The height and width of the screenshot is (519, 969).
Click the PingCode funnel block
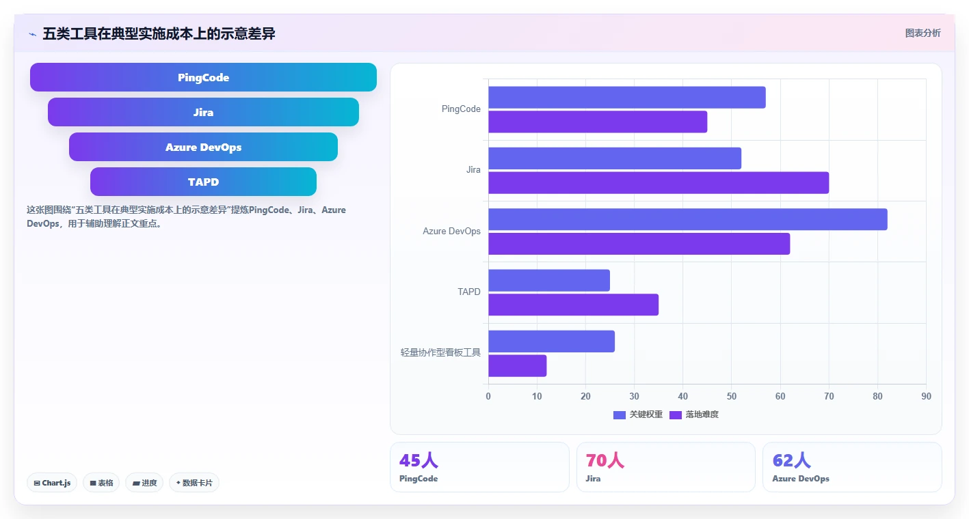click(x=203, y=77)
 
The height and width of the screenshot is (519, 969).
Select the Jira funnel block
click(x=203, y=113)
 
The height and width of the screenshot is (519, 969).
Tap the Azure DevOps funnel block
click(x=203, y=147)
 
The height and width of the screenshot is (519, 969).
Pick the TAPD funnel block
click(x=203, y=182)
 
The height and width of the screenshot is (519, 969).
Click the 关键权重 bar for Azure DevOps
click(x=688, y=219)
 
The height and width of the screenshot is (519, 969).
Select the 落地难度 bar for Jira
click(x=659, y=183)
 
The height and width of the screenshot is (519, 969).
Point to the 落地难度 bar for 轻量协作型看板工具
click(x=518, y=366)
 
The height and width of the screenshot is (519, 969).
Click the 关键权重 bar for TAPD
click(x=549, y=281)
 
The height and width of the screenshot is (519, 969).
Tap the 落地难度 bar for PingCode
click(x=598, y=122)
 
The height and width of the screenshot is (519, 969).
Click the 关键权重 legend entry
click(x=638, y=415)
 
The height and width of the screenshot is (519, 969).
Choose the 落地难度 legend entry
click(x=694, y=415)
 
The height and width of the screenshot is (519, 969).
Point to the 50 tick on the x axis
click(x=732, y=396)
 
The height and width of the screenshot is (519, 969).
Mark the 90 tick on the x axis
click(x=926, y=396)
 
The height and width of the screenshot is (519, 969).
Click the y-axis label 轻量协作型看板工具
click(x=440, y=352)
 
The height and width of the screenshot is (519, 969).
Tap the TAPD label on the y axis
click(x=469, y=292)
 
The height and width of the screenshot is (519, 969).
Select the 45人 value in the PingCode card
click(x=419, y=460)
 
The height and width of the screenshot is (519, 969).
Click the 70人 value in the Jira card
click(x=605, y=460)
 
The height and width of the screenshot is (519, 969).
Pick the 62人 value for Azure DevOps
click(x=792, y=460)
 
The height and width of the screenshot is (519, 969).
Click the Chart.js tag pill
click(x=52, y=483)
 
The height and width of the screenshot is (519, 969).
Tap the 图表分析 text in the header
click(x=922, y=33)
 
